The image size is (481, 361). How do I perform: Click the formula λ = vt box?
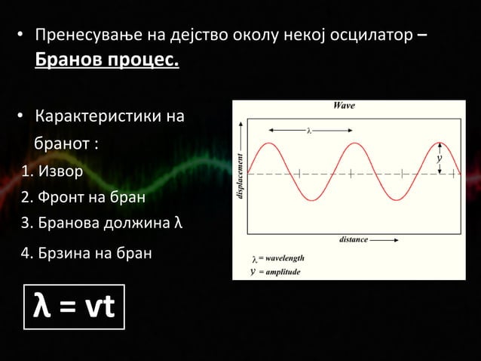74,307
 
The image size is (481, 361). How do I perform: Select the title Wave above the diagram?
344,105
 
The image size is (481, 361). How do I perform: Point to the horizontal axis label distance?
354,239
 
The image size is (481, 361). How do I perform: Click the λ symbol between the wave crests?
308,131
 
